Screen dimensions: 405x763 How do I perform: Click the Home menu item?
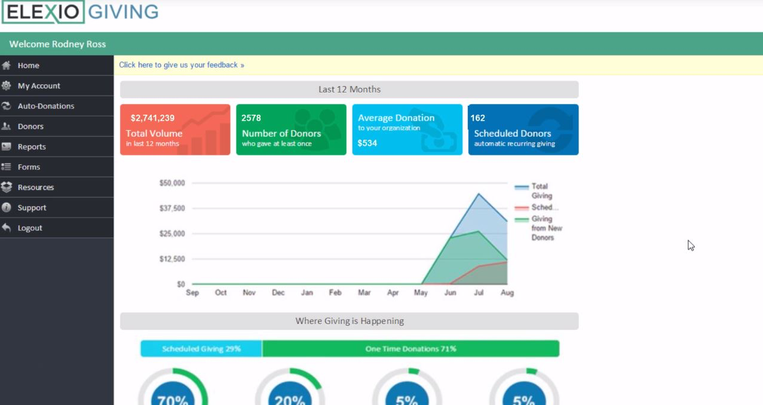[x=28, y=66]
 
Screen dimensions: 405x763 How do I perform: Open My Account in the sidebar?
[x=39, y=86]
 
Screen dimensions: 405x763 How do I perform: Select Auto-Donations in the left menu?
[x=46, y=106]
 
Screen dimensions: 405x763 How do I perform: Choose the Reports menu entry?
[x=32, y=147]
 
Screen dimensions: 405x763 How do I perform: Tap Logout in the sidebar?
[x=30, y=228]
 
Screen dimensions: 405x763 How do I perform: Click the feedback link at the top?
[x=182, y=65]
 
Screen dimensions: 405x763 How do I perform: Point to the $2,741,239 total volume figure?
[x=152, y=118]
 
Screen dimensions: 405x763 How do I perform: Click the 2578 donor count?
[x=251, y=118]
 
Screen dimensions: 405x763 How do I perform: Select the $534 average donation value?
[x=367, y=143]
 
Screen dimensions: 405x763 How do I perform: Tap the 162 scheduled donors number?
[x=478, y=118]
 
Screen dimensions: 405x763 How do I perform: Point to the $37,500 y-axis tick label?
[x=172, y=208]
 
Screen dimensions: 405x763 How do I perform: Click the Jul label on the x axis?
[x=478, y=293]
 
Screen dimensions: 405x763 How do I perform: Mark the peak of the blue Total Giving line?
[x=479, y=194]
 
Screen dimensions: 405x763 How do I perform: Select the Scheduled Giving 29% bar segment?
[x=201, y=349]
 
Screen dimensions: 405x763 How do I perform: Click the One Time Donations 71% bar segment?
[x=410, y=349]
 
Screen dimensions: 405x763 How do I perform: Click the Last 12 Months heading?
[x=350, y=90]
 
